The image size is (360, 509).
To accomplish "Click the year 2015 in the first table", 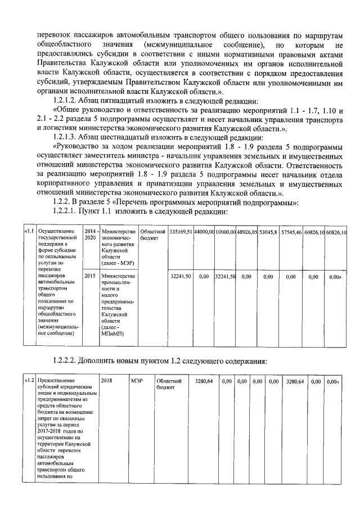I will point(89,277).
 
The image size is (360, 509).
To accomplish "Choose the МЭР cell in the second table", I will point(136,381).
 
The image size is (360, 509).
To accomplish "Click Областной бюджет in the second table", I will point(165,384).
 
